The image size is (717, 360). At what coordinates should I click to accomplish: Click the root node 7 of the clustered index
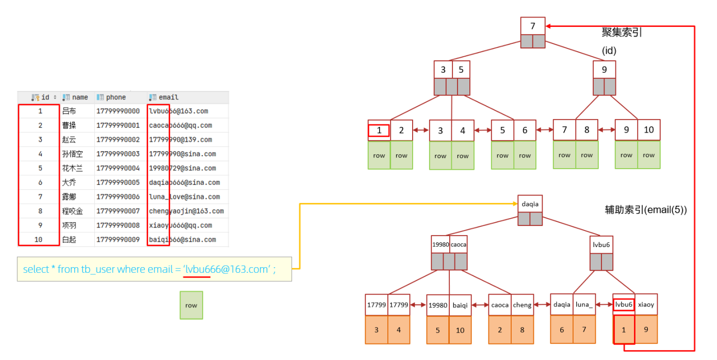click(x=533, y=26)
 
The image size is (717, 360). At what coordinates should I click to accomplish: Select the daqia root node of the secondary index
click(x=530, y=204)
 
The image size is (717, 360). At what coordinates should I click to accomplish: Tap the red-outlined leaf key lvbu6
click(x=624, y=304)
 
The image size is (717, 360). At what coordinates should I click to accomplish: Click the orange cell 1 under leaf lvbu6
click(x=624, y=330)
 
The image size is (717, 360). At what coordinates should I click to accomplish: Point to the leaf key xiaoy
click(x=646, y=304)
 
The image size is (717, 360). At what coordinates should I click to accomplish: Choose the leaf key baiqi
click(x=460, y=305)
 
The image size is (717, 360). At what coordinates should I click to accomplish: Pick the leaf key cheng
click(x=522, y=305)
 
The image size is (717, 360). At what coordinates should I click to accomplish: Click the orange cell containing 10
click(x=460, y=330)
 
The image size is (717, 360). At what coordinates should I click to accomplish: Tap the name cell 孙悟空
click(x=72, y=154)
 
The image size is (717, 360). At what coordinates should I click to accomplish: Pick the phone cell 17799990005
click(x=118, y=183)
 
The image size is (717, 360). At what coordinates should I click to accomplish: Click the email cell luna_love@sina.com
click(x=184, y=197)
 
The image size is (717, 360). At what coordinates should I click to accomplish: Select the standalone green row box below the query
click(x=191, y=305)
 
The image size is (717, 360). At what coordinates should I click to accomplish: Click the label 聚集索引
click(x=622, y=32)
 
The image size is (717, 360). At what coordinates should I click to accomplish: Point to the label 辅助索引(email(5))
click(x=646, y=210)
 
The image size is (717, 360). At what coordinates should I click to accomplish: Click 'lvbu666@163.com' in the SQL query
click(x=227, y=269)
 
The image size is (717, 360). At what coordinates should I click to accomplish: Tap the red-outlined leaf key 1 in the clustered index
click(x=379, y=130)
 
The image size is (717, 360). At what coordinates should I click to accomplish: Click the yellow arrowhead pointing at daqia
click(x=515, y=204)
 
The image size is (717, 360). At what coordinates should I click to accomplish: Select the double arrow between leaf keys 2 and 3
click(x=421, y=130)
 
